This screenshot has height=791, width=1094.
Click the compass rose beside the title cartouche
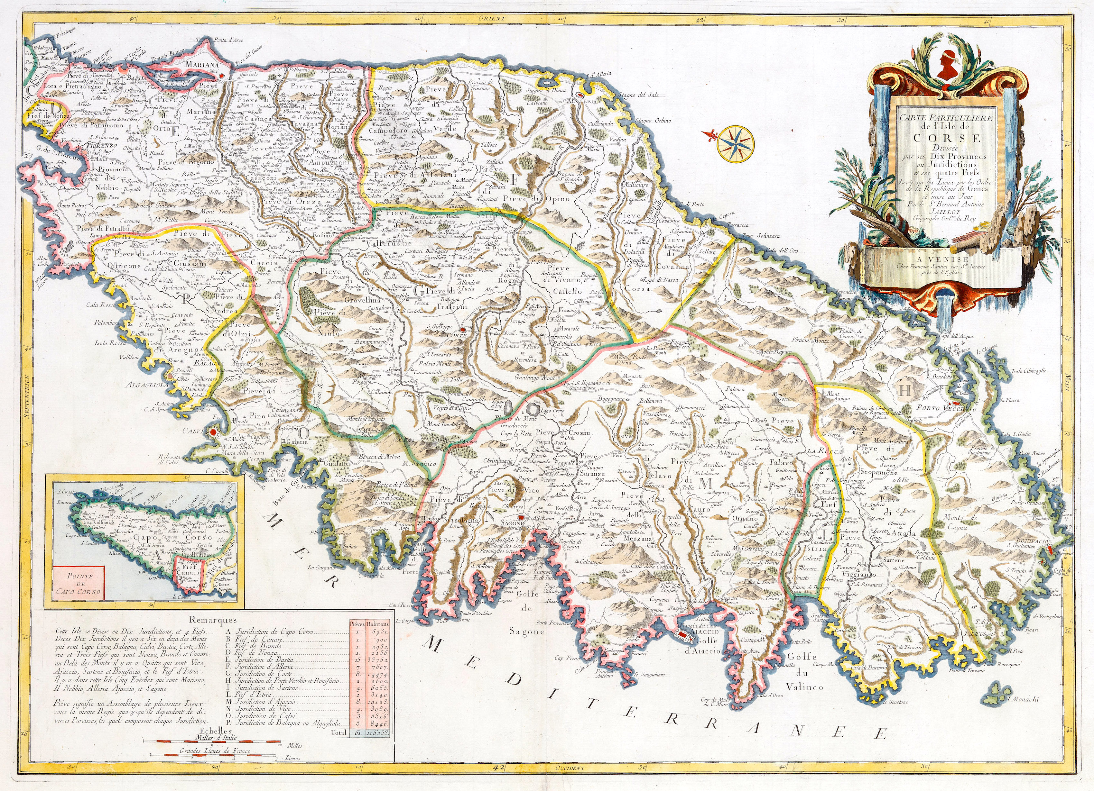(736, 143)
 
